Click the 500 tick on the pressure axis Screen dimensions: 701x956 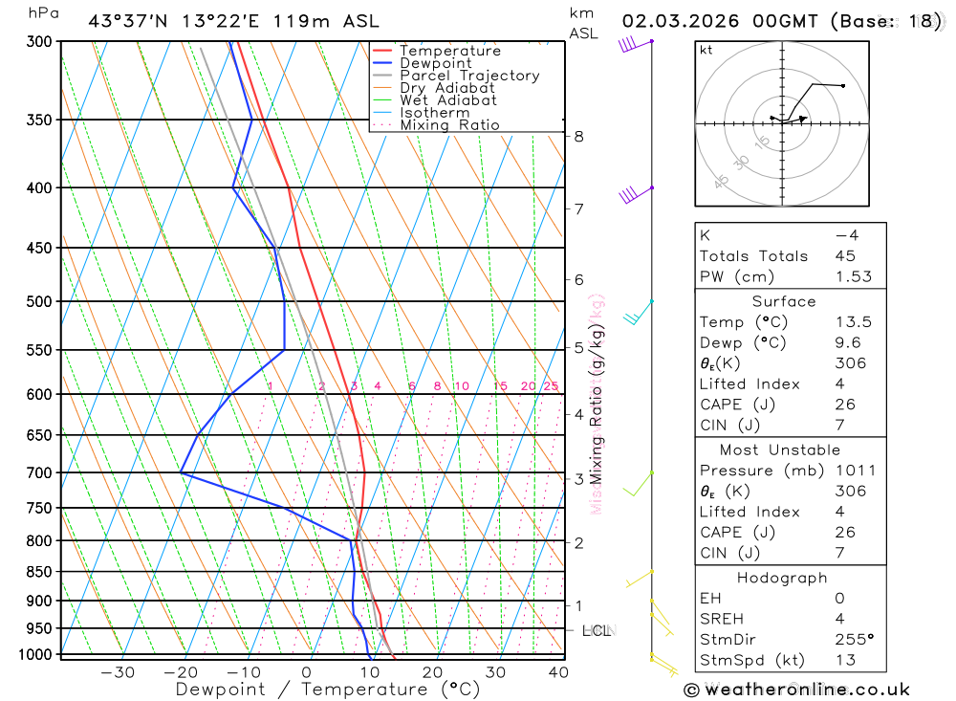(38, 301)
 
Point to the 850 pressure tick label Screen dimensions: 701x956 (38, 572)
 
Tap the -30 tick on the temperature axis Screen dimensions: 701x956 (118, 672)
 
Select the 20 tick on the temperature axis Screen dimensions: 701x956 (432, 672)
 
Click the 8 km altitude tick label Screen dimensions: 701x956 (579, 137)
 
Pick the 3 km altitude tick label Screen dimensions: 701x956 (579, 478)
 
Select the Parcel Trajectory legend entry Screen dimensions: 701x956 (469, 76)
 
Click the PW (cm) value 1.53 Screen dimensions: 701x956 (851, 276)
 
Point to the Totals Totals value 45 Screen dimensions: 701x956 (845, 256)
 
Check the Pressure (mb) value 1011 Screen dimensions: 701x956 (853, 471)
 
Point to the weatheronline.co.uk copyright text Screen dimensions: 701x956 (796, 690)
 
